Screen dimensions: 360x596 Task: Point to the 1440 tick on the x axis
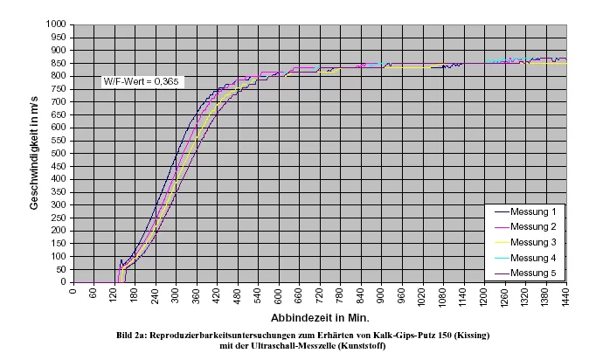[x=565, y=295]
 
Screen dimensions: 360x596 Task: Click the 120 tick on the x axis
[x=114, y=294]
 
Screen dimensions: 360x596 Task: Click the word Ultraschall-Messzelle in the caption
[x=290, y=344]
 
